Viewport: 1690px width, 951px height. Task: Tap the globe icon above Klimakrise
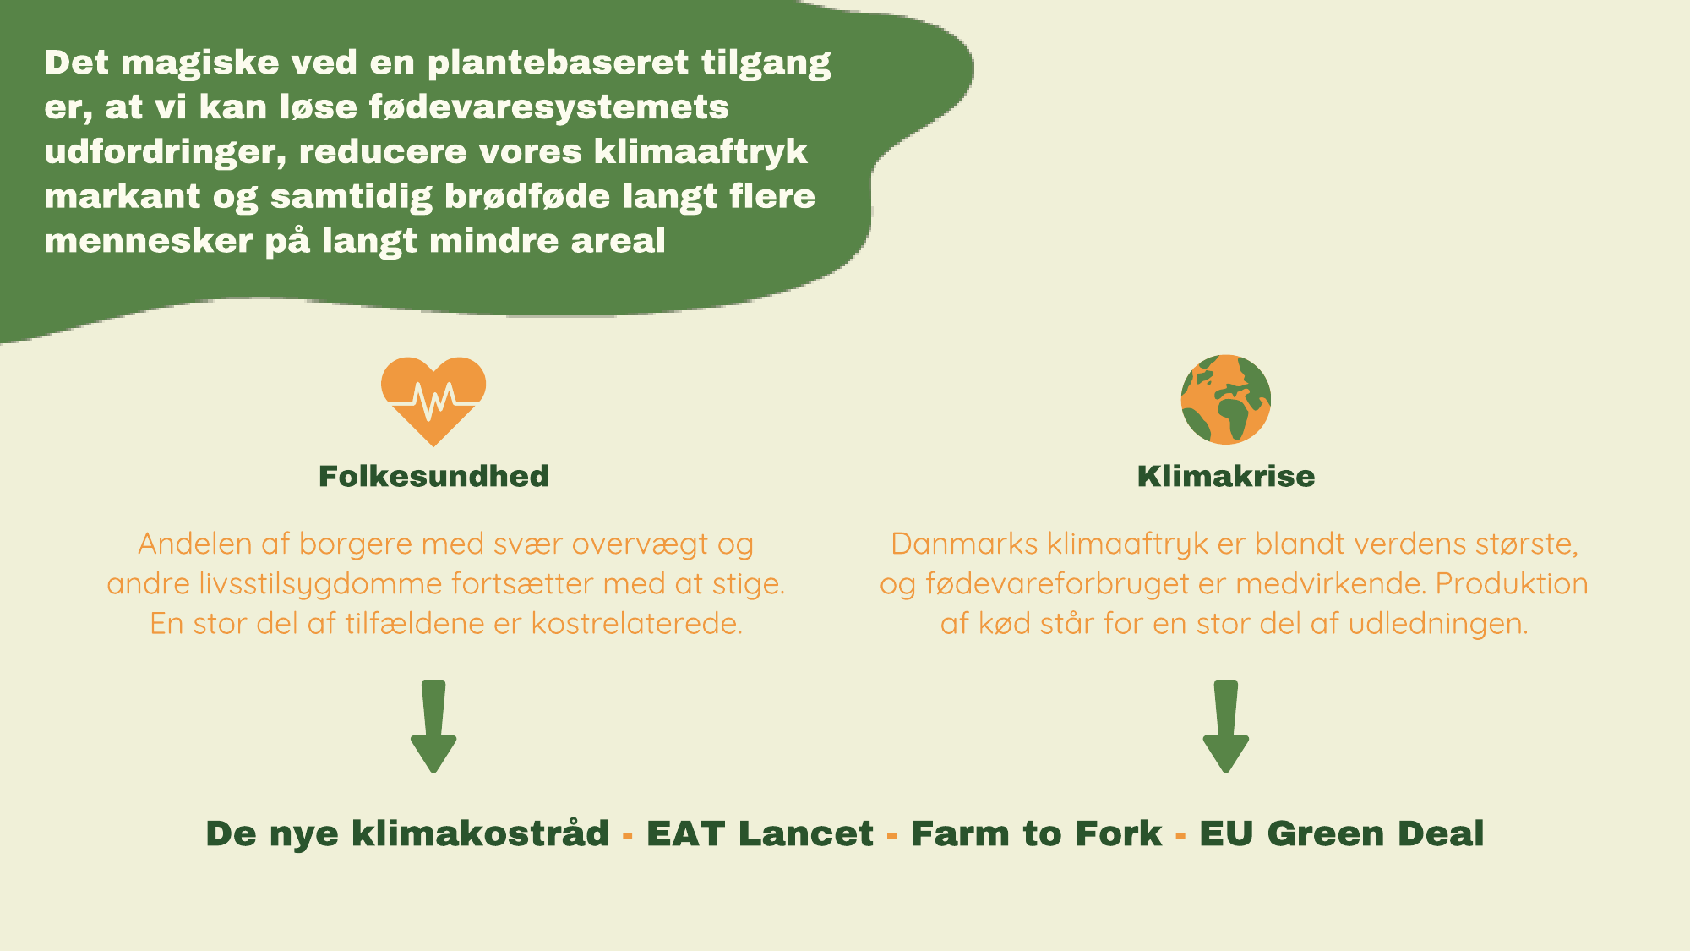point(1226,399)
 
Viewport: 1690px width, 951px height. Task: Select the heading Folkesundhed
point(433,476)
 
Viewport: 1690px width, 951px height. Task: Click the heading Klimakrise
point(1226,476)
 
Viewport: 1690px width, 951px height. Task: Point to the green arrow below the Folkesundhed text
point(433,727)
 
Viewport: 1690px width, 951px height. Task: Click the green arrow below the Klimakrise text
point(1226,727)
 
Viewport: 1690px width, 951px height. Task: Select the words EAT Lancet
point(760,833)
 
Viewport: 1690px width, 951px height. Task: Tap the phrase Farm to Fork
point(1036,833)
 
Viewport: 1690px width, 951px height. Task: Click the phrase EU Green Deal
point(1342,833)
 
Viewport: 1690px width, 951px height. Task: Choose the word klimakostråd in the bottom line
point(480,833)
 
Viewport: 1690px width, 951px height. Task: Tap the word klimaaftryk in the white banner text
point(701,152)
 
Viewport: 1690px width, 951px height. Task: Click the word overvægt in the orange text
point(640,545)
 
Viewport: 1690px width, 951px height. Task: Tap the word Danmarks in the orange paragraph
point(964,544)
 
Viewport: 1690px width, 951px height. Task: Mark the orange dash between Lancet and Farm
point(892,836)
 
